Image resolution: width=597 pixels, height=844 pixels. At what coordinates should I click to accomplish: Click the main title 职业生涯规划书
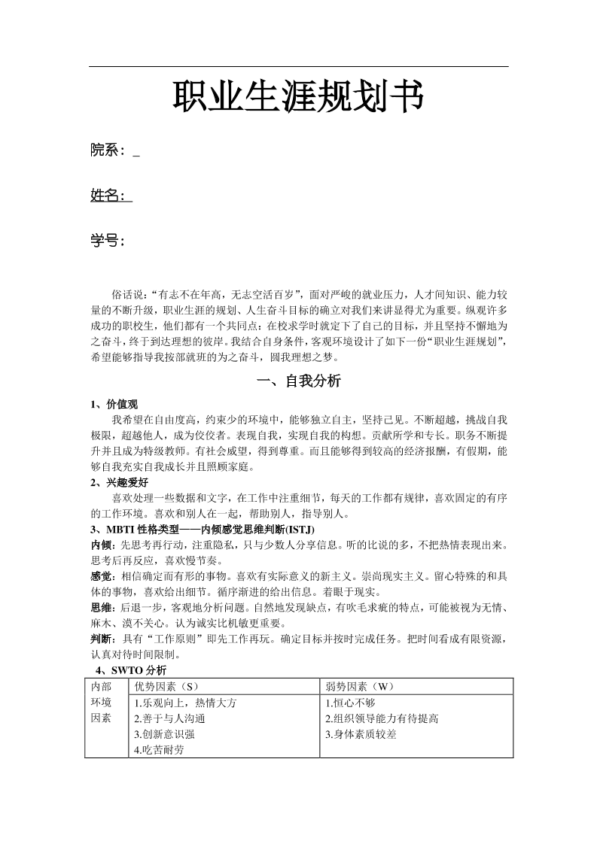pos(298,98)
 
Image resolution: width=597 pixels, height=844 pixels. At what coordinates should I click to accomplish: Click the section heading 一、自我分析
pos(299,381)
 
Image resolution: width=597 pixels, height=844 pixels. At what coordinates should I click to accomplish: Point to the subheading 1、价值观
pos(114,405)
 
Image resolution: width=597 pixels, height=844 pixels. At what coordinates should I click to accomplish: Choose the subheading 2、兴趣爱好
pos(119,483)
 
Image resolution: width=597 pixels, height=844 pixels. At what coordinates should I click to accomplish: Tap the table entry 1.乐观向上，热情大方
pos(186,703)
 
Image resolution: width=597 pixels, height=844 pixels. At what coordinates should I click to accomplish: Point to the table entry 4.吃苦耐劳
pos(159,750)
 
